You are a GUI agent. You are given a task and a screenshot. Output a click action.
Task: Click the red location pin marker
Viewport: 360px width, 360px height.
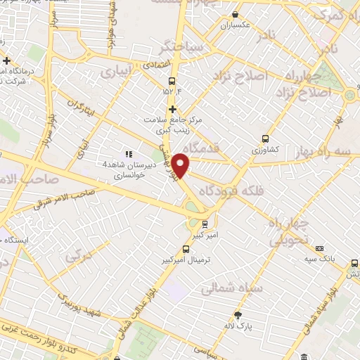pos(181,165)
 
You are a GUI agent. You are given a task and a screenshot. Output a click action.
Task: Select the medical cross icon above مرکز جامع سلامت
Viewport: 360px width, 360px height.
pos(172,109)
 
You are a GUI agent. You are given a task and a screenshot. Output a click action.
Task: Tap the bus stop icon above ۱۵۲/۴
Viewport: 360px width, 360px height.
pos(172,80)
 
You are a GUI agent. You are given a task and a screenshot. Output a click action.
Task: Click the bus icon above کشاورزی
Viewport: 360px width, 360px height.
pos(265,139)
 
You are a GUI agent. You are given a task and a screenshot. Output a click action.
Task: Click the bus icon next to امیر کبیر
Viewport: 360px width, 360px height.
pos(204,224)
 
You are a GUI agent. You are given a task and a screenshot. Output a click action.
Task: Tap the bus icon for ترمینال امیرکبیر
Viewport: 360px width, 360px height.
pos(186,249)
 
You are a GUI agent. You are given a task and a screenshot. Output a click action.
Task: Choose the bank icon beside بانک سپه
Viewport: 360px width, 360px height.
pos(320,249)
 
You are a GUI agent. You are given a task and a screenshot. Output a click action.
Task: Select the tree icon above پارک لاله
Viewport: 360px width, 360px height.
pos(238,314)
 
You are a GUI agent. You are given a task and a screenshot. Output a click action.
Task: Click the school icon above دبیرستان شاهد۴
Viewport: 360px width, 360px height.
pos(128,153)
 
